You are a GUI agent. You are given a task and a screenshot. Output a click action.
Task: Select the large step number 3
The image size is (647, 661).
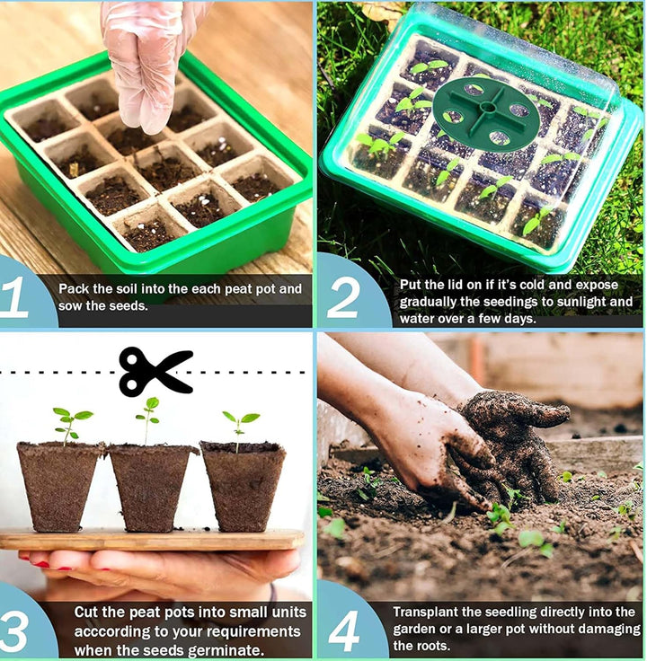(14, 631)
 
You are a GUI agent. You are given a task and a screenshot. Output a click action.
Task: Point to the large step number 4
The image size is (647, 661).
(344, 631)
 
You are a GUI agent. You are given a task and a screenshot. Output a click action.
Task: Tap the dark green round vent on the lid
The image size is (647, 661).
(486, 114)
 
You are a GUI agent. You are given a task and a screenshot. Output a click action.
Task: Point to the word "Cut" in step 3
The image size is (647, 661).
(86, 613)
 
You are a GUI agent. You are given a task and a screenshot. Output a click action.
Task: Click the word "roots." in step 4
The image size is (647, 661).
(434, 646)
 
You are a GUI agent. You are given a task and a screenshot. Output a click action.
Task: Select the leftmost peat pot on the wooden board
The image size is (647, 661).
(59, 486)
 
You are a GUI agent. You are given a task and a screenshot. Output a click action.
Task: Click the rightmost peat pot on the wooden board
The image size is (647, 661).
(244, 485)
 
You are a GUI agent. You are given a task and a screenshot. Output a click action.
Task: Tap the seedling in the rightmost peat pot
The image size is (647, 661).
(241, 430)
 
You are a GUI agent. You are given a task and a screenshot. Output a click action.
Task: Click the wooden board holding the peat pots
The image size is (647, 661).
(152, 540)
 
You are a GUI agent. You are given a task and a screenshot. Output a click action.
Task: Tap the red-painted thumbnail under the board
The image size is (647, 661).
(41, 564)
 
